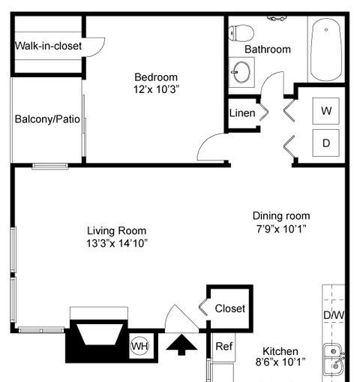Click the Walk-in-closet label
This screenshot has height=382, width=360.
[48, 46]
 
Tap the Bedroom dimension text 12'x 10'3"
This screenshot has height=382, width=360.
[155, 89]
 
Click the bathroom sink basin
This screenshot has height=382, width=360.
[241, 72]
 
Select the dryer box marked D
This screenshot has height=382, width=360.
[325, 141]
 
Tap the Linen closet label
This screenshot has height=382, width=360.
[241, 114]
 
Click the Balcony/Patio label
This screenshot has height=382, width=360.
[43, 119]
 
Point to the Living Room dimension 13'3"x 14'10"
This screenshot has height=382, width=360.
[116, 243]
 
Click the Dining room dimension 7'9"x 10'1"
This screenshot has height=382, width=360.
[281, 228]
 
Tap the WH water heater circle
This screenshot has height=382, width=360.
[139, 346]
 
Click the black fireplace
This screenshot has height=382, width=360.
[98, 340]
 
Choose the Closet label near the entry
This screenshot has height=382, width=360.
[229, 308]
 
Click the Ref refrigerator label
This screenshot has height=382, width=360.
[223, 346]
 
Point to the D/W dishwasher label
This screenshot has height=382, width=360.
[333, 315]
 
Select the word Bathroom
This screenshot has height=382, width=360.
[268, 50]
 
